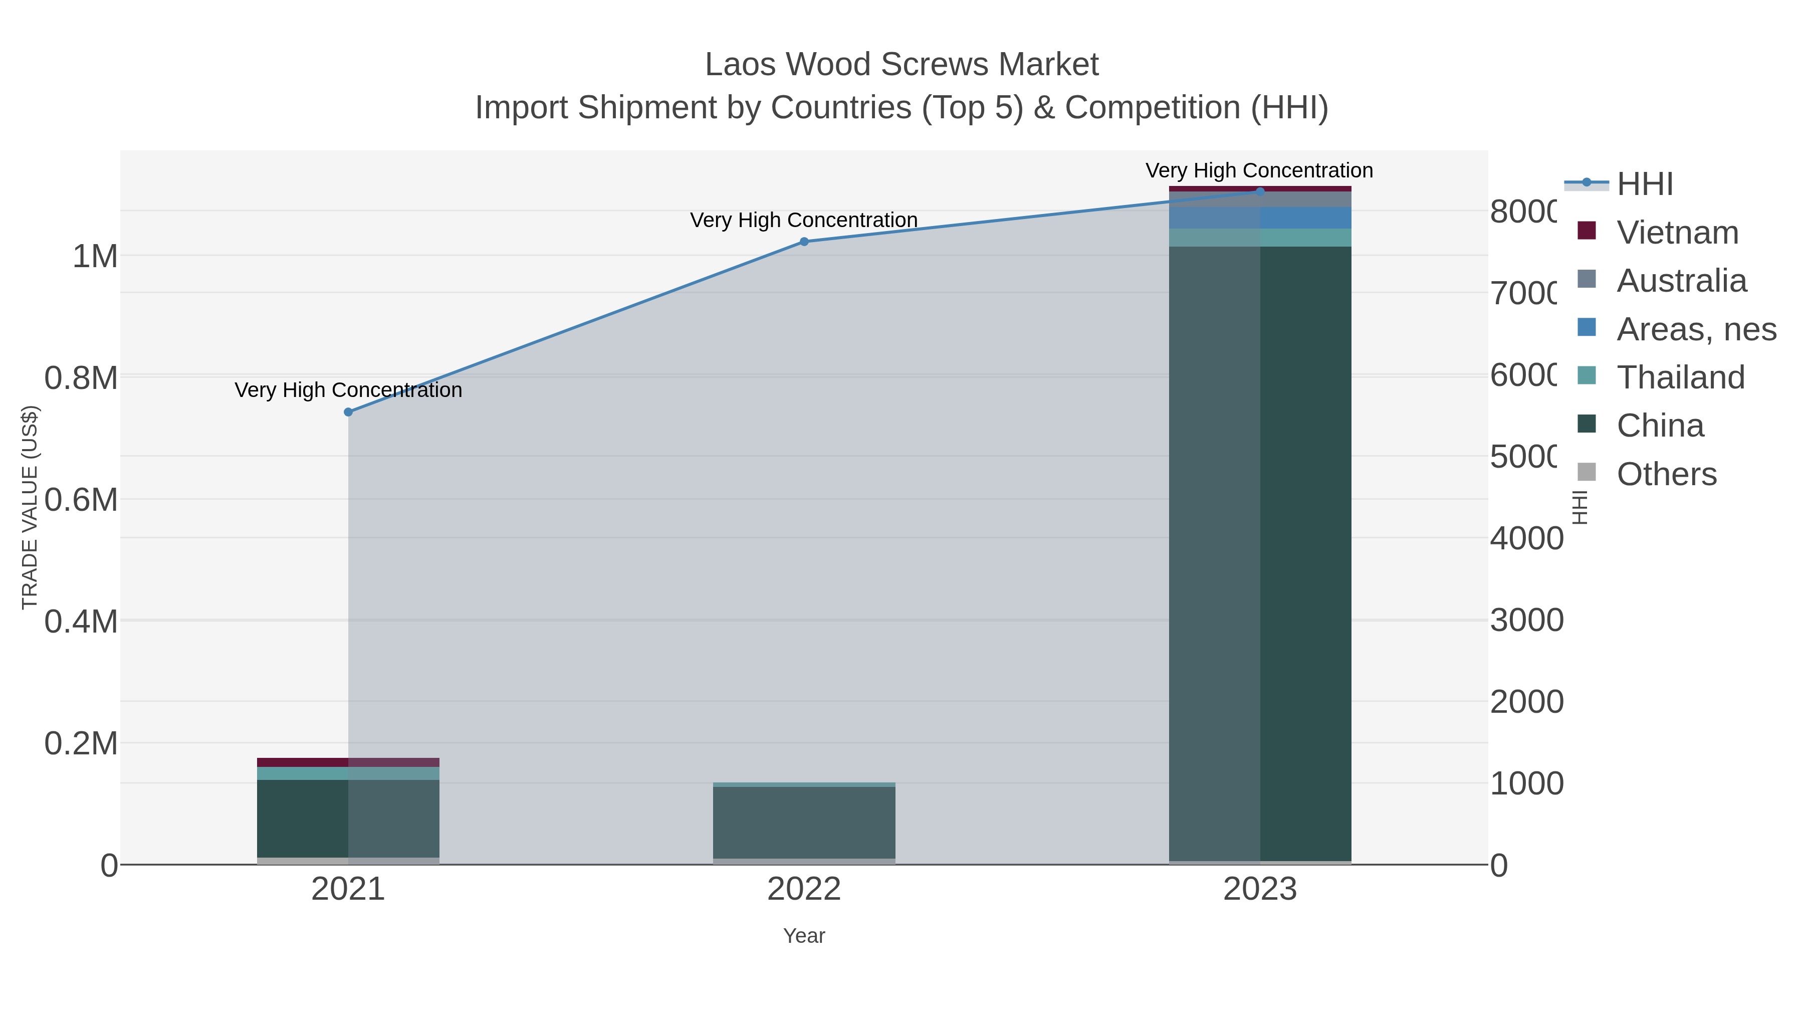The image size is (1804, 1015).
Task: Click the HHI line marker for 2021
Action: point(348,412)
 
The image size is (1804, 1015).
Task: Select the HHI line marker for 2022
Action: point(804,242)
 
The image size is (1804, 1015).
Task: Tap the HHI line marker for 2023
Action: point(1260,191)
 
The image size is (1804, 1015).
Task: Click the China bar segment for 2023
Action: point(1260,553)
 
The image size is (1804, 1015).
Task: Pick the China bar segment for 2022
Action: point(804,823)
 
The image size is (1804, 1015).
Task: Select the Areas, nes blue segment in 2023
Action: point(1260,218)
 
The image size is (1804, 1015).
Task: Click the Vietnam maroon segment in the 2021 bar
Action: point(348,762)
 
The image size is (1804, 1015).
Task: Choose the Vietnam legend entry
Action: point(1677,233)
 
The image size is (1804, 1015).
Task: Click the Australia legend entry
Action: point(1681,281)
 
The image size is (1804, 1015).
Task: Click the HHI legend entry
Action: point(1644,184)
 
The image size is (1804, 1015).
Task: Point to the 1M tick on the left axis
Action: point(95,256)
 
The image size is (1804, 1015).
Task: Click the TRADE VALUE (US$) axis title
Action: point(30,507)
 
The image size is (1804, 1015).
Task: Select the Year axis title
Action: point(804,936)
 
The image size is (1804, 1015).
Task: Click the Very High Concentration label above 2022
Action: point(804,220)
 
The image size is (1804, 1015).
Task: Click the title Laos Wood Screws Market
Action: point(901,65)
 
